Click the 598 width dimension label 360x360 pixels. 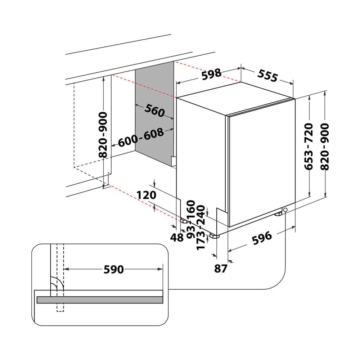pyautogui.click(x=211, y=74)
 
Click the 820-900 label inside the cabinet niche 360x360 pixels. pyautogui.click(x=103, y=135)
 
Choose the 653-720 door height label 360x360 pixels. pyautogui.click(x=310, y=146)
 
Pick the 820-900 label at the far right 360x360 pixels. pyautogui.click(x=325, y=146)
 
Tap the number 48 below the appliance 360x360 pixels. pyautogui.click(x=177, y=238)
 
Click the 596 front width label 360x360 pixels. pyautogui.click(x=261, y=237)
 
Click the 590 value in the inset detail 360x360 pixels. pyautogui.click(x=113, y=269)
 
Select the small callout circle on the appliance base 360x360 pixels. pyautogui.click(x=285, y=210)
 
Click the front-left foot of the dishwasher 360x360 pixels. pyautogui.click(x=215, y=236)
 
